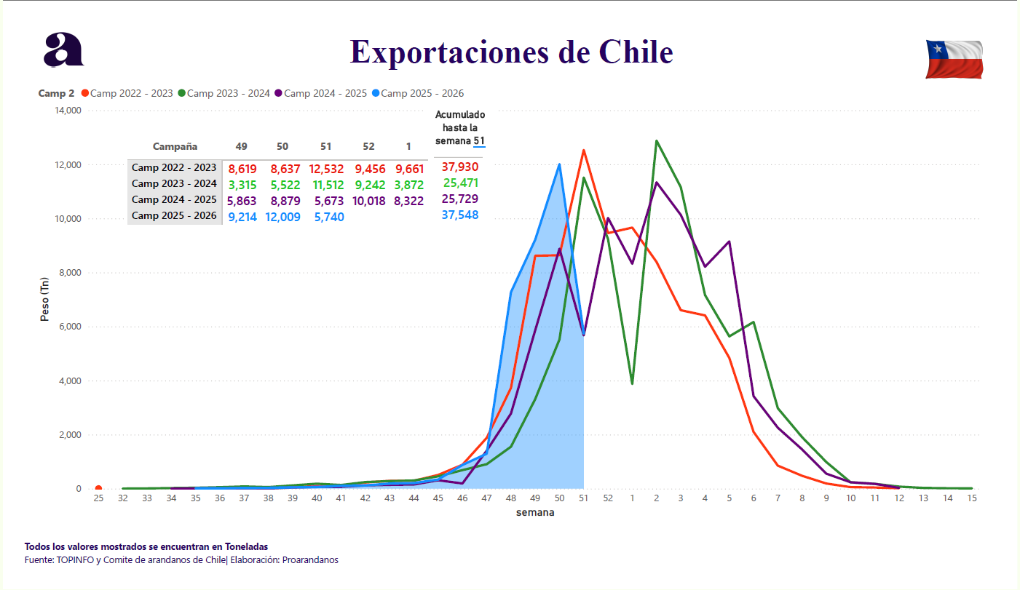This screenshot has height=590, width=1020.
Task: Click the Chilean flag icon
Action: (x=954, y=59)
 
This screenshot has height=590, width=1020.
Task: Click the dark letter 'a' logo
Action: (x=63, y=50)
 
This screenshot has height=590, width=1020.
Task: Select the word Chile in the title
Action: (x=636, y=52)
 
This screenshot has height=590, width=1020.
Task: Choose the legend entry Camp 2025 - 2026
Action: (x=422, y=93)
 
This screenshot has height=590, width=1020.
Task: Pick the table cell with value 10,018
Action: (x=369, y=200)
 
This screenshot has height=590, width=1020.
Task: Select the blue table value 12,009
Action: (x=282, y=216)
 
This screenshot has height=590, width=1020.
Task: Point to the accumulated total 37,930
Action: (x=460, y=167)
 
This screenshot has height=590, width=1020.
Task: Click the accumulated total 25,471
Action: (x=460, y=183)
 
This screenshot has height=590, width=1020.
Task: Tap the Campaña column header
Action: (x=175, y=146)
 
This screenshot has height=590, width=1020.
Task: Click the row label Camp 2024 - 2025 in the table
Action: (x=174, y=200)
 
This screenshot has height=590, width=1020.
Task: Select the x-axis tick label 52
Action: (x=608, y=498)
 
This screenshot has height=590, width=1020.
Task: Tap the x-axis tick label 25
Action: (x=98, y=498)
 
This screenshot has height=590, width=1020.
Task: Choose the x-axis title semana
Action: (x=535, y=512)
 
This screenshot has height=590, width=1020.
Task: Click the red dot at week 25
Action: (x=98, y=489)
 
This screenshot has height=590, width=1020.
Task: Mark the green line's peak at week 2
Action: (x=657, y=141)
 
